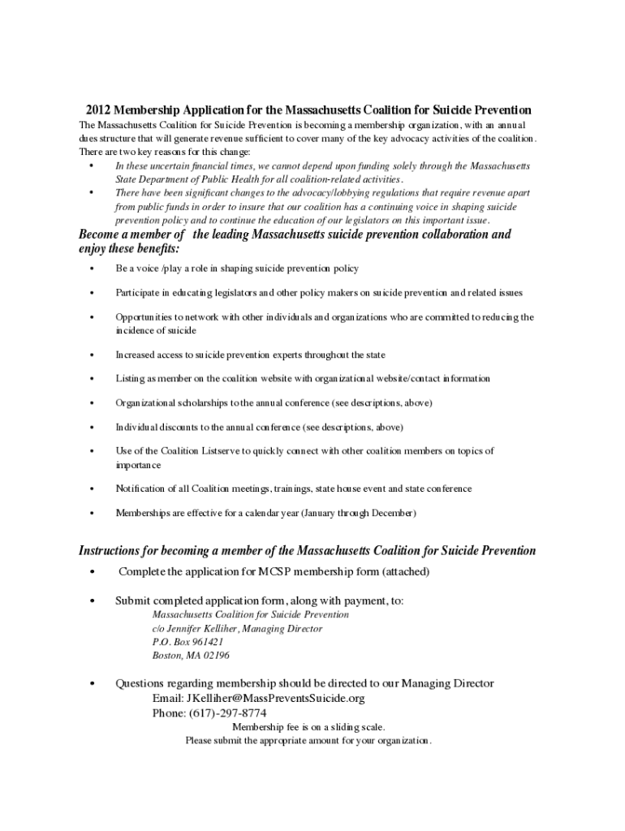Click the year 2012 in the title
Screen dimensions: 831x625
point(98,110)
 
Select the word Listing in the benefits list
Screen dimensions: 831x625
point(130,379)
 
